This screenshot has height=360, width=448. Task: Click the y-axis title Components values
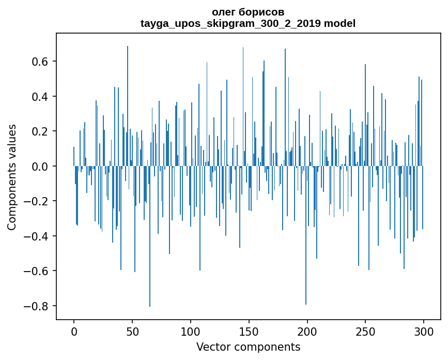point(12,177)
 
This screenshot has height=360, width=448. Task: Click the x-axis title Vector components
point(248,347)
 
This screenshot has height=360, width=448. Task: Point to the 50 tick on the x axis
point(132,331)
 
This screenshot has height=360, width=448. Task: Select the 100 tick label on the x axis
point(191,331)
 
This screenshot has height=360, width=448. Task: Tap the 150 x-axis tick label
point(249,331)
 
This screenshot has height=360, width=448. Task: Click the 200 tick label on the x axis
point(307,331)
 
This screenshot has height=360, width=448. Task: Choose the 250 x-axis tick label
point(365,331)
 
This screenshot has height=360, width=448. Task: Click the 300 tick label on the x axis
point(424,331)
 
